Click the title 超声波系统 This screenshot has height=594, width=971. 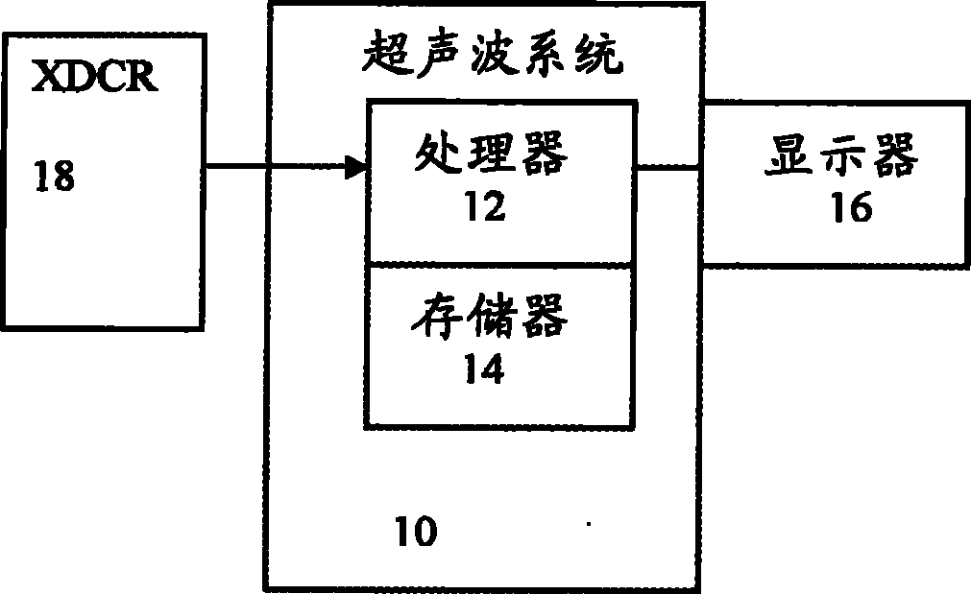tap(496, 59)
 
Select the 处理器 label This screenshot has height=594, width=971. tap(493, 154)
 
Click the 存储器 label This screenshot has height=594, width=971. tap(492, 317)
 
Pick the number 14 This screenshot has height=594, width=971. tap(482, 369)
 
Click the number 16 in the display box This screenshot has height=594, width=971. tap(850, 208)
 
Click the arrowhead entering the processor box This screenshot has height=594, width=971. tap(356, 168)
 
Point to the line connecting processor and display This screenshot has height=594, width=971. tap(668, 167)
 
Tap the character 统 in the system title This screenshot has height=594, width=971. tap(601, 59)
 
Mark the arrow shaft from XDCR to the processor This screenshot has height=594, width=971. tap(279, 168)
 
